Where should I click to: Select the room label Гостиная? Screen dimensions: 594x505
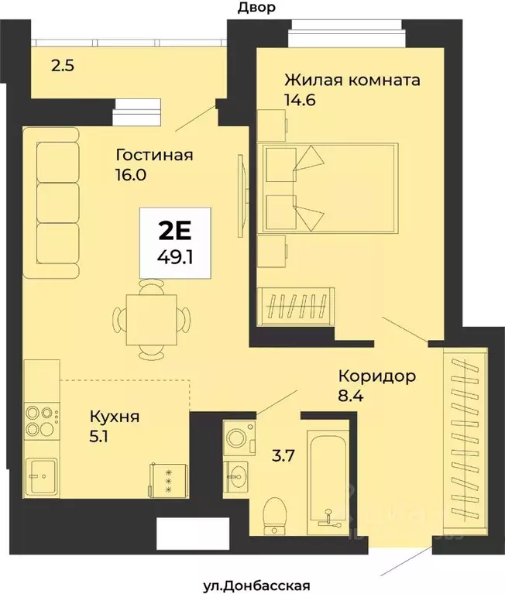coord(153,154)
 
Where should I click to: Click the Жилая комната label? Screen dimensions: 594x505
coord(352,80)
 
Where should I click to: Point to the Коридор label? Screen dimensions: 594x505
coord(377,376)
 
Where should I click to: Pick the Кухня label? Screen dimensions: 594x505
coord(114,417)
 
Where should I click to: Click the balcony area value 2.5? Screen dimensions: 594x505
coord(63,66)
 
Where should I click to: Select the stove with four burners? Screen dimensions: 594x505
coord(42,419)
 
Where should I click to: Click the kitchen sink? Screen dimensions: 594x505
coord(40,472)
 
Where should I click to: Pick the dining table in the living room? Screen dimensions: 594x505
coord(151,318)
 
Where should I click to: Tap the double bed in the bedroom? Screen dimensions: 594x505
coord(329,187)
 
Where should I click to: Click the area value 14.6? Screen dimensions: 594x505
coord(302,99)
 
